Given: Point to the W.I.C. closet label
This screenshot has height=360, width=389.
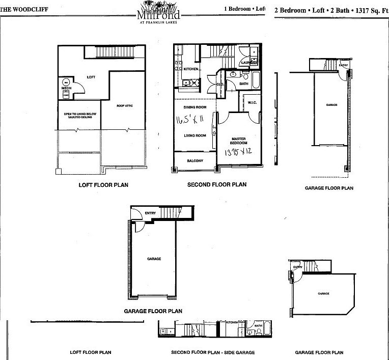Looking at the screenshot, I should click(252, 102).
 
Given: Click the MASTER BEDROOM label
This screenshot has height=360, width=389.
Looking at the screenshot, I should click(238, 141).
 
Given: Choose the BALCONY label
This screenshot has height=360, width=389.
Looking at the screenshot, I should click(194, 161).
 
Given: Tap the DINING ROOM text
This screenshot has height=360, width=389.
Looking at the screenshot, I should click(194, 107).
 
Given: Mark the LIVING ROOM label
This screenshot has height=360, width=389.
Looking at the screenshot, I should click(194, 135).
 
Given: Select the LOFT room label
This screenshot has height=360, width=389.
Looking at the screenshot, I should click(91, 77).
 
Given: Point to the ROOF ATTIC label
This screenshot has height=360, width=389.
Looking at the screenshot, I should click(124, 106).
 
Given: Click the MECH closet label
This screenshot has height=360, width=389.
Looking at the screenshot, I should click(66, 88).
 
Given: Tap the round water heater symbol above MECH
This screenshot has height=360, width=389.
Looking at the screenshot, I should click(66, 81).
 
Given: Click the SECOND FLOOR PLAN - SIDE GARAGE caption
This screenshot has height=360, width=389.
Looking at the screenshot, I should click(213, 352).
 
